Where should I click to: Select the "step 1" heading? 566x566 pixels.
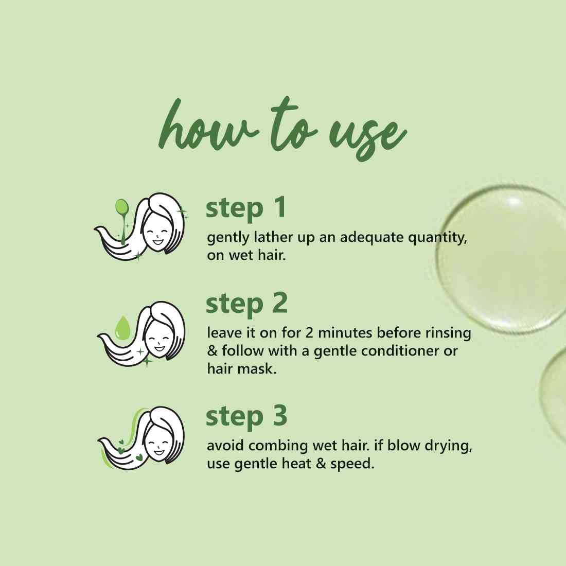click(246, 208)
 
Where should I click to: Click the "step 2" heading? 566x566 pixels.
click(246, 304)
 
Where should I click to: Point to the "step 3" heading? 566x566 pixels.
click(246, 417)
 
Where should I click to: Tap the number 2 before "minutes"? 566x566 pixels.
click(309, 332)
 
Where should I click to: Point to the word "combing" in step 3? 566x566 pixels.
click(278, 446)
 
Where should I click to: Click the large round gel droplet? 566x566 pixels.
click(502, 258)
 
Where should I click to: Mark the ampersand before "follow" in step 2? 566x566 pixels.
click(212, 351)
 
